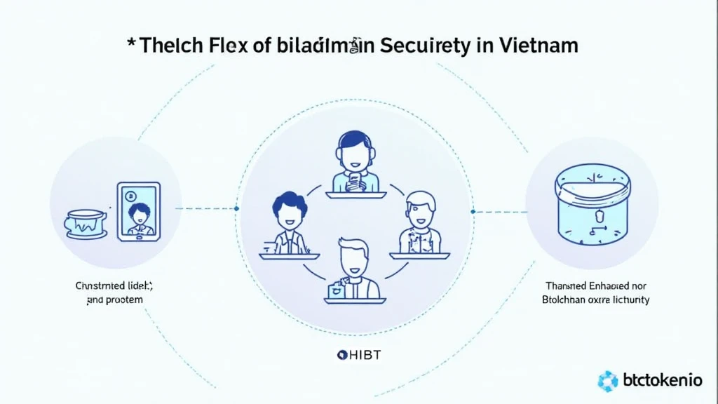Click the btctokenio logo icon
coord(607,381)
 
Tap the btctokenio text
coord(661,380)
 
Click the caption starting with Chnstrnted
coord(114,292)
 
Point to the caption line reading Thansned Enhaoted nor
coord(597,286)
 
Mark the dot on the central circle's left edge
coord(237,208)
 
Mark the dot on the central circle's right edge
coord(473,211)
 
